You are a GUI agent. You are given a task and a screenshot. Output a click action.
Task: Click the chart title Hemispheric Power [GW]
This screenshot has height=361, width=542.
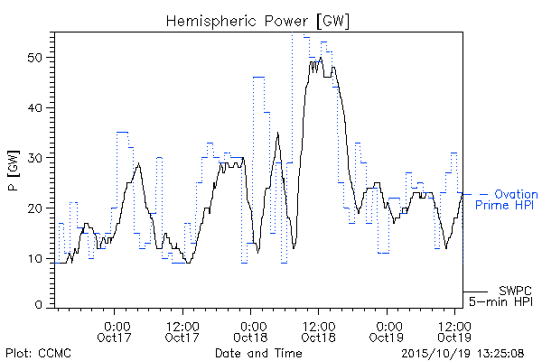coord(257,22)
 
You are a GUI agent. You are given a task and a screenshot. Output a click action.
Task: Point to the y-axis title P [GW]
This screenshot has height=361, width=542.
coord(14,171)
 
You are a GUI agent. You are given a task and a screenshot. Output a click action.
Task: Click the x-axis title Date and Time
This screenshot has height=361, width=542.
coord(258,353)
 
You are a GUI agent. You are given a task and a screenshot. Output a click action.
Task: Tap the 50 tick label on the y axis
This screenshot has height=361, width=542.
coord(34,58)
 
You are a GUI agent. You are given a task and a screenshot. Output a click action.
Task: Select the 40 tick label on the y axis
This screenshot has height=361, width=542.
coord(34,107)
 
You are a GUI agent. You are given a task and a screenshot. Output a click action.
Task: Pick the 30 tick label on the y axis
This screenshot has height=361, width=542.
coord(34,158)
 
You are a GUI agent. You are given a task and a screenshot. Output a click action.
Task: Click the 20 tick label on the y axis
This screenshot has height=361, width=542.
coord(34,208)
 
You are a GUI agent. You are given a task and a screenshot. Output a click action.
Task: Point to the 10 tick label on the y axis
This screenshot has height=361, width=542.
coord(34,258)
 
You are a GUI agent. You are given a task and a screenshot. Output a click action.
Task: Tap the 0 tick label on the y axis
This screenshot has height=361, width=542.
coord(38,305)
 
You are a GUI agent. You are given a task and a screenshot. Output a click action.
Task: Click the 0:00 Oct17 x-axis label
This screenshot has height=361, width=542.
coord(115,331)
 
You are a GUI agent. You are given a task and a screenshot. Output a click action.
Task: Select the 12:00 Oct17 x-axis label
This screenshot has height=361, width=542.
coord(182,331)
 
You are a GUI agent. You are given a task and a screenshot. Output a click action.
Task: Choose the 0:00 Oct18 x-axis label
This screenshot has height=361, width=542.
coord(250,331)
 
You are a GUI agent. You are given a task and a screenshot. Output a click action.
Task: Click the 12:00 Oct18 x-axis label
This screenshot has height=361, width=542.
coord(319,331)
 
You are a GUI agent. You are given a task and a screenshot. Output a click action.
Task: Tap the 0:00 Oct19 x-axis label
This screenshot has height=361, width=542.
coord(387,331)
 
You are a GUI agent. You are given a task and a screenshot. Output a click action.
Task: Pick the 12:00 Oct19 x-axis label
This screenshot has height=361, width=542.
coord(454,331)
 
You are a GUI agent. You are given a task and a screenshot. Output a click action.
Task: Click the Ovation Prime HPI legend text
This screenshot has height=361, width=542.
coord(507,199)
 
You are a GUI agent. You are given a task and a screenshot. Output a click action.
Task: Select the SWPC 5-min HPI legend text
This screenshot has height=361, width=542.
coord(500,296)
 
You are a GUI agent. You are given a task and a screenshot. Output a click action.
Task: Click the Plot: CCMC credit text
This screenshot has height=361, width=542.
coord(38,354)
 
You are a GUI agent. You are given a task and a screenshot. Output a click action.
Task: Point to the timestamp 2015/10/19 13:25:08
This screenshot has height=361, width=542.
coord(463,354)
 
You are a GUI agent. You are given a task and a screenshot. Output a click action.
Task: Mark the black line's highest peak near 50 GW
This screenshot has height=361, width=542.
coord(321,58)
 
